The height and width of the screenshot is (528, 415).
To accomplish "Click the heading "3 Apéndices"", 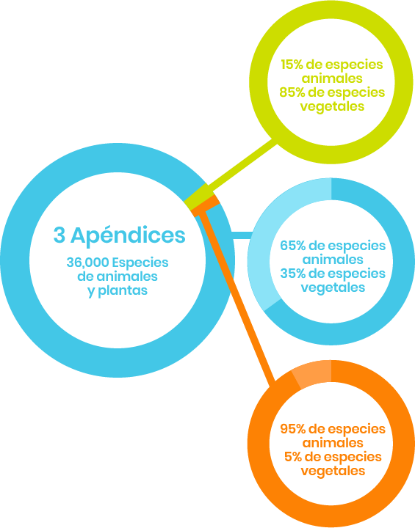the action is coord(120,235).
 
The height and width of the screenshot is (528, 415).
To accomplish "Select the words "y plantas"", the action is coord(118,291).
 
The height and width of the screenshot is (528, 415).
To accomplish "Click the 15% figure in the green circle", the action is coord(292,65).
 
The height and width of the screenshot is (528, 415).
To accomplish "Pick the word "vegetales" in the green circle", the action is coord(332,107).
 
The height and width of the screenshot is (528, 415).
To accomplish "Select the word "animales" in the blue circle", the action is coord(333,260).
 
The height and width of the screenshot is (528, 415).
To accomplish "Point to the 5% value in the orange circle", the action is coord(295,457).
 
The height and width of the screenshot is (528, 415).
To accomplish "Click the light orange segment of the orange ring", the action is coord(312,373).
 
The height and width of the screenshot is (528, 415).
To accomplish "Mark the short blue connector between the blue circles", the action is coord(241,235).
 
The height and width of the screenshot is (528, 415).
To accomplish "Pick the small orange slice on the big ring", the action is coord(206,205).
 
